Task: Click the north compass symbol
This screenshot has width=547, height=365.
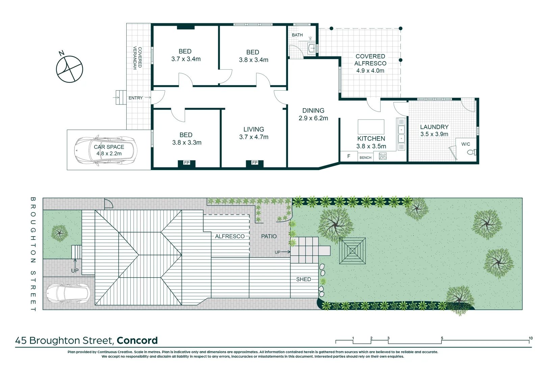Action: coord(69,69)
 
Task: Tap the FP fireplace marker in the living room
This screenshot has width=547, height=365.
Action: coord(255,163)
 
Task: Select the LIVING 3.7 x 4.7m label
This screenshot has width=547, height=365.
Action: coord(254,133)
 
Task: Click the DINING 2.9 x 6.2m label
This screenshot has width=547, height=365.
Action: coord(313,114)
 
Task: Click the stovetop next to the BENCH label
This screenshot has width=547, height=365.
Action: coord(383,156)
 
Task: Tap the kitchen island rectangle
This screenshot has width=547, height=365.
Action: coord(371,127)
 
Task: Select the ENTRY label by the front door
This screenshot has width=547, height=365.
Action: coord(135,98)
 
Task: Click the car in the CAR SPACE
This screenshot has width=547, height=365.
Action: coord(106,150)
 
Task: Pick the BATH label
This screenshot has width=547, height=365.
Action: coord(297,35)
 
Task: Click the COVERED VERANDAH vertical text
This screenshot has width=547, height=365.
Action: coord(137,58)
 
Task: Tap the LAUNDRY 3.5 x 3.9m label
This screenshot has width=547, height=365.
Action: coord(434,130)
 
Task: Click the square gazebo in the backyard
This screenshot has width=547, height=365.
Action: coord(353,251)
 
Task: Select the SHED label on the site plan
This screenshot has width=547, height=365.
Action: coord(303,279)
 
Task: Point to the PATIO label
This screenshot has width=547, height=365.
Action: coord(269,237)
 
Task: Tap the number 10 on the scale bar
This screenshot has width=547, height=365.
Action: coord(530,338)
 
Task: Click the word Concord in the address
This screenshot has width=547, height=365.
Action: coord(137,341)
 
